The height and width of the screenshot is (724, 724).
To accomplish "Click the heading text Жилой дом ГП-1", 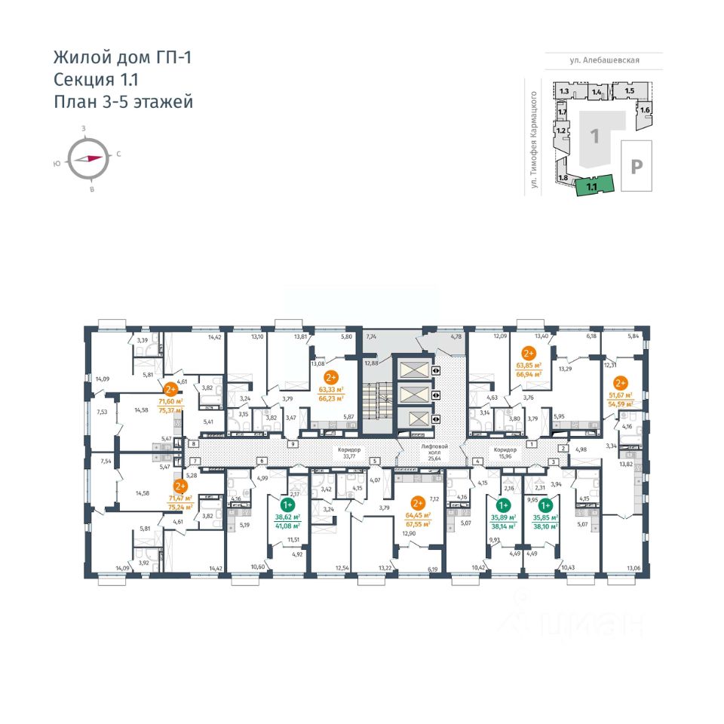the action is pyautogui.click(x=122, y=57).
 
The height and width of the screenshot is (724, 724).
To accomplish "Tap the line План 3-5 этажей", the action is pyautogui.click(x=123, y=101).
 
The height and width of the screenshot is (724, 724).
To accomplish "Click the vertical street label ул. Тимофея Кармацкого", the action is pyautogui.click(x=535, y=140).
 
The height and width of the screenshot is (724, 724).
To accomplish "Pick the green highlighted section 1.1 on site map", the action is pyautogui.click(x=593, y=184).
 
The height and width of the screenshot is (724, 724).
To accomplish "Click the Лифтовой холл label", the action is pyautogui.click(x=435, y=450).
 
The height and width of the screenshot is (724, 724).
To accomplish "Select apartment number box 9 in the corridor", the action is pyautogui.click(x=291, y=444).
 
